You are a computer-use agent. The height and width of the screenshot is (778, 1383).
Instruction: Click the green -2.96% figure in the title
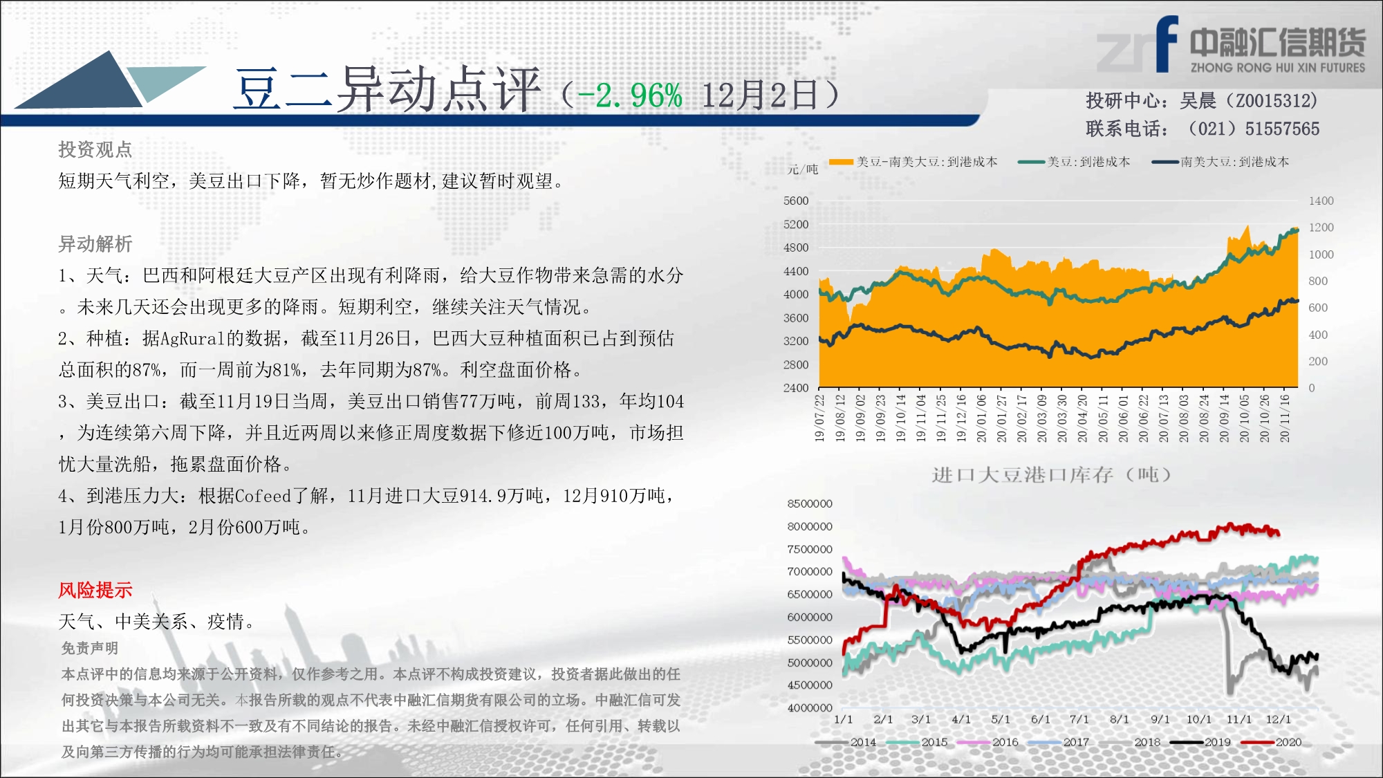pyautogui.click(x=629, y=95)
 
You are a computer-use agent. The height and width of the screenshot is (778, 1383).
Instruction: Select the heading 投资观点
pyautogui.click(x=95, y=149)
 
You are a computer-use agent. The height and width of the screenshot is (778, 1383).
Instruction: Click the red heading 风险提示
pyautogui.click(x=95, y=590)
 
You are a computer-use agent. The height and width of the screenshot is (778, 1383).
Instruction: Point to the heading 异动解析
pyautogui.click(x=95, y=244)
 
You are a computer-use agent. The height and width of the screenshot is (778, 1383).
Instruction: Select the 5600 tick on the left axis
pyautogui.click(x=795, y=201)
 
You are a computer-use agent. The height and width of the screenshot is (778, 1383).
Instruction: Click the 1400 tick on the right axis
pyautogui.click(x=1321, y=201)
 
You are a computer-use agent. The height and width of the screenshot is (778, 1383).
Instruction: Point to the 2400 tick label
pyautogui.click(x=795, y=388)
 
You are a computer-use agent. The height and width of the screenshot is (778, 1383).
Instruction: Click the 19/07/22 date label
pyautogui.click(x=819, y=418)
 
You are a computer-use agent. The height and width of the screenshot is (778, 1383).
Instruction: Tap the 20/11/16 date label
pyautogui.click(x=1285, y=418)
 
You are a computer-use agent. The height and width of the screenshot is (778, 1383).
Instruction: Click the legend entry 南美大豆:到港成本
pyautogui.click(x=1220, y=162)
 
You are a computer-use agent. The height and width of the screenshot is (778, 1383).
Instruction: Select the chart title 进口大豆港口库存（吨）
pyautogui.click(x=1051, y=474)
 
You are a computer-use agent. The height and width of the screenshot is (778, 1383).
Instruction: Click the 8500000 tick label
pyautogui.click(x=810, y=503)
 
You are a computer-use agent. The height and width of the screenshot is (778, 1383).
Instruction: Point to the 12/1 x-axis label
pyautogui.click(x=1278, y=719)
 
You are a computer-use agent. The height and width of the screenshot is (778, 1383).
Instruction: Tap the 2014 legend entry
pyautogui.click(x=846, y=742)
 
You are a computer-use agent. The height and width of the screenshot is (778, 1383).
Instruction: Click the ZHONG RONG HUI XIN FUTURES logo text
pyautogui.click(x=1278, y=68)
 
